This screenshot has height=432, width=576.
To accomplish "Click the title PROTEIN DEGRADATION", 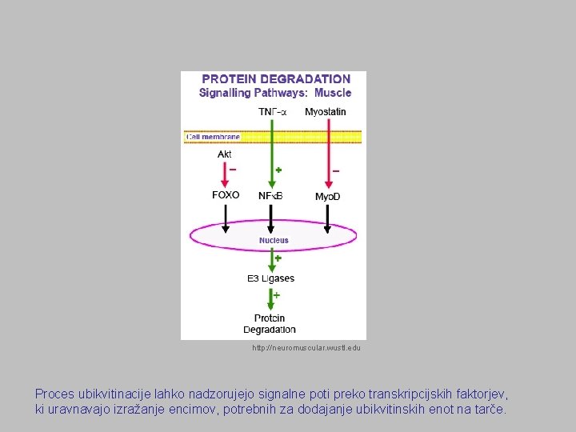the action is point(276,79).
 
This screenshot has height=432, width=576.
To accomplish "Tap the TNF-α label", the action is point(273,112).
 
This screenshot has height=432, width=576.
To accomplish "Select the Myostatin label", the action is point(325,112).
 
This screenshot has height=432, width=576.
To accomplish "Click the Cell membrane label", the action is point(213,137).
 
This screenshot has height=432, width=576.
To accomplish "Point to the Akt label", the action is point(225,154).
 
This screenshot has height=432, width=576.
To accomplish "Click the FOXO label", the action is point(226,195).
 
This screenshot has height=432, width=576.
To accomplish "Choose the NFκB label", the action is point(270,196).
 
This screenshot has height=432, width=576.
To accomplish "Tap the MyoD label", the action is point(327,197).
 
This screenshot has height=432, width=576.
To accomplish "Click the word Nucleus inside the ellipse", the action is point(274,240).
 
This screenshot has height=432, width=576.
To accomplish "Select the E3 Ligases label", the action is point(270,278).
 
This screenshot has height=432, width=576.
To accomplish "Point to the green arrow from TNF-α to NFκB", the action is point(272,160).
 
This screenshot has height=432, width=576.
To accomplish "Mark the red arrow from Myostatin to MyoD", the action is point(326,160).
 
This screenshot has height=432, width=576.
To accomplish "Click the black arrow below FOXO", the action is point(226,218).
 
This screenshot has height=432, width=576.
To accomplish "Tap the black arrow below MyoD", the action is point(326,218).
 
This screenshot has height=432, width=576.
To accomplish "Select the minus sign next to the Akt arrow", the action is point(233,170).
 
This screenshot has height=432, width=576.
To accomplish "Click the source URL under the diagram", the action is point(306,348).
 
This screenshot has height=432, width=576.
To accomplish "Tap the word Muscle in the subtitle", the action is point(332,93).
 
